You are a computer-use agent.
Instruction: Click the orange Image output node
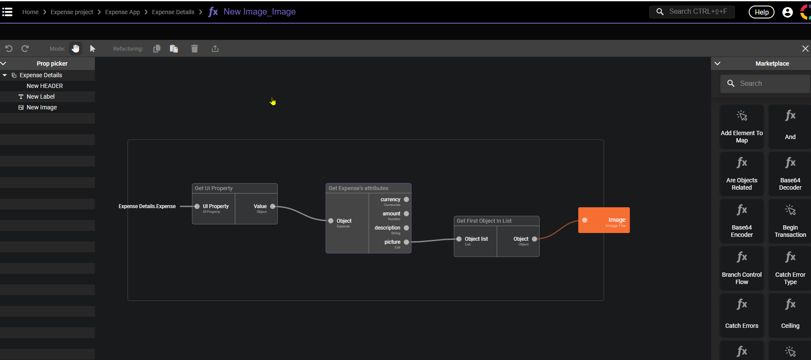pos(604,220)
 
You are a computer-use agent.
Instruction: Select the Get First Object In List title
pos(484,221)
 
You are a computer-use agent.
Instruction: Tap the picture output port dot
pos(406,242)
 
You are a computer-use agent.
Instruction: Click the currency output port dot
pos(406,200)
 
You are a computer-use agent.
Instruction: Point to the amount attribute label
pos(391,214)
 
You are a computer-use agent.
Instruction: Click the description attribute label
pos(387,228)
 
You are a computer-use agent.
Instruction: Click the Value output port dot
pos(273,206)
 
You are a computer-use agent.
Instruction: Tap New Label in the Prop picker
pos(40,97)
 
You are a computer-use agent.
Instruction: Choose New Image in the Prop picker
pos(42,107)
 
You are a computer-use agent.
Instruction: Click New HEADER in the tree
pos(45,86)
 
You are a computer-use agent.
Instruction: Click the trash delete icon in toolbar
pos(194,48)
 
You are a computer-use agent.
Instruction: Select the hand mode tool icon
pos(76,48)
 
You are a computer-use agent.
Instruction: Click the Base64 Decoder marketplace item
pos(790,174)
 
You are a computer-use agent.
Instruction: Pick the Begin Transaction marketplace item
pos(790,221)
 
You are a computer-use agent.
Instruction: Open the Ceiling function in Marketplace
pos(790,316)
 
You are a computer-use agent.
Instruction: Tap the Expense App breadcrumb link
pos(122,12)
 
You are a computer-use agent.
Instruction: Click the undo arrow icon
pos(9,48)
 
